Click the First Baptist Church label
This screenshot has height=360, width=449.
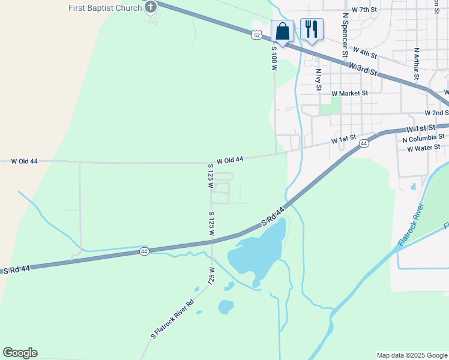tap(106, 7)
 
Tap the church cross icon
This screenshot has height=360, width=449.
tap(150, 7)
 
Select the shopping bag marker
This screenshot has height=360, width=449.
tap(282, 31)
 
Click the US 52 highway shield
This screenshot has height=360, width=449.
tap(257, 35)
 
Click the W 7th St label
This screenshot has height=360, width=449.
tap(364, 10)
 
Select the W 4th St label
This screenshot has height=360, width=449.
tap(364, 53)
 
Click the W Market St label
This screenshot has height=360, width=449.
tap(349, 94)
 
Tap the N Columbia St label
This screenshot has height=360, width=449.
tap(423, 138)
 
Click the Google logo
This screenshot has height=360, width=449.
tap(20, 353)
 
